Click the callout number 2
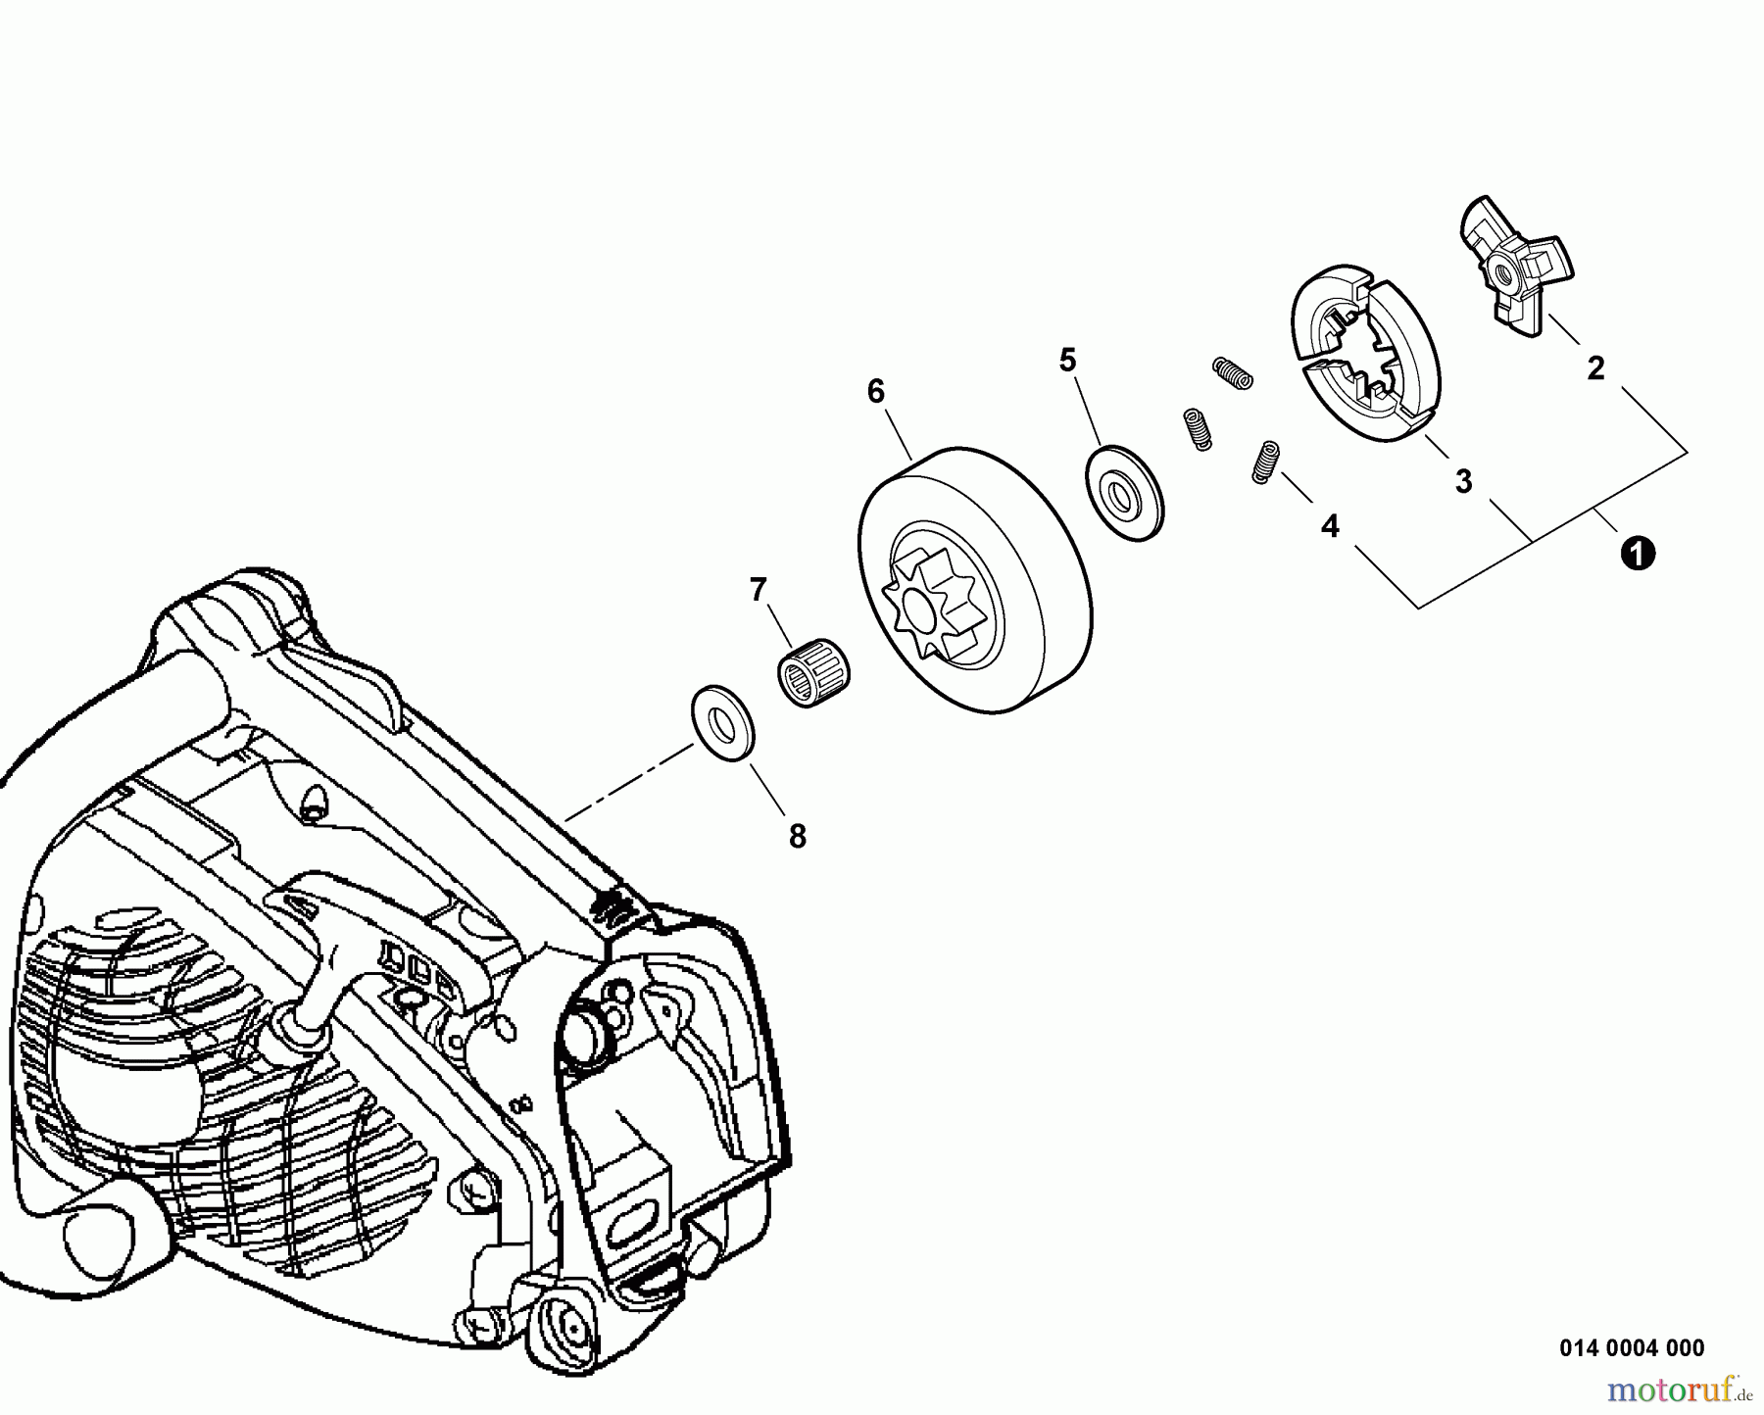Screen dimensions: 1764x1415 click(x=1595, y=368)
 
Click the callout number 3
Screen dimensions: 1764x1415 click(x=1463, y=481)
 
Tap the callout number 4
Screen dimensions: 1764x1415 click(x=1330, y=526)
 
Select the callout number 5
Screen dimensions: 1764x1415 click(x=1067, y=360)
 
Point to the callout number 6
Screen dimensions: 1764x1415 click(x=876, y=392)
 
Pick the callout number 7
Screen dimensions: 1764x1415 click(x=758, y=590)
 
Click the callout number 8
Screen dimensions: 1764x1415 click(x=798, y=836)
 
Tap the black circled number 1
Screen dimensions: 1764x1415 click(x=1638, y=554)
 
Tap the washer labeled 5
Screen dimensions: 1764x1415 click(x=1125, y=491)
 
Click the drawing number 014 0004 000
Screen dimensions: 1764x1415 click(x=1632, y=1347)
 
